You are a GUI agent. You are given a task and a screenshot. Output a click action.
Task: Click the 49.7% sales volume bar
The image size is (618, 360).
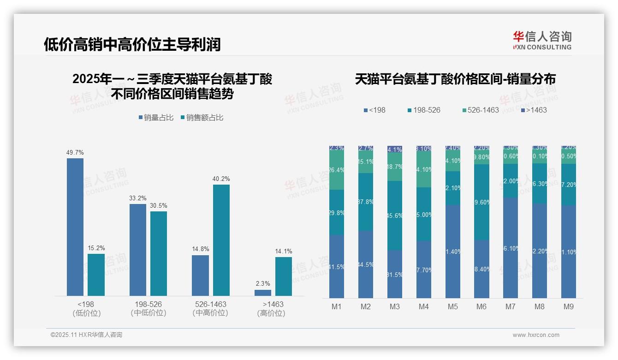point(75,227)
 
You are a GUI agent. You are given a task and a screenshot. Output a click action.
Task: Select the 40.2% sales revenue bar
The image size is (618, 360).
point(221,240)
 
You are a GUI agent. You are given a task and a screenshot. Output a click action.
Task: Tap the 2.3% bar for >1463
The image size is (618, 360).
point(263,293)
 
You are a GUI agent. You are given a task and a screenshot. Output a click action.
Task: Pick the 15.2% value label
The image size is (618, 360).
point(96,248)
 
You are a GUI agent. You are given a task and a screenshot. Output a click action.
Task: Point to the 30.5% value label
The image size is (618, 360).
point(159,206)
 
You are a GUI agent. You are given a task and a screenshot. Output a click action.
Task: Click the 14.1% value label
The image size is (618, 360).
point(284,252)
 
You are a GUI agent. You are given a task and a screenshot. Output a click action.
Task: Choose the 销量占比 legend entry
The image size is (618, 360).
point(156,118)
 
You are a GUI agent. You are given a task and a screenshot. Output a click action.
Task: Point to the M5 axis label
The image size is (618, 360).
point(452,307)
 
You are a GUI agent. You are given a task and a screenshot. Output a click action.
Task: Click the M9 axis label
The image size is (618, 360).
point(569,307)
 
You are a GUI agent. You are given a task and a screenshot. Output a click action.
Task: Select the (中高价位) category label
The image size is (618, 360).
point(210,313)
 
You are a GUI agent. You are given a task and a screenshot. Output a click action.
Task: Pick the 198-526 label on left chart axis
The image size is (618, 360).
point(148,305)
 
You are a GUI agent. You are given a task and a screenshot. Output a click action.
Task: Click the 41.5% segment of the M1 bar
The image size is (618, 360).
point(337,266)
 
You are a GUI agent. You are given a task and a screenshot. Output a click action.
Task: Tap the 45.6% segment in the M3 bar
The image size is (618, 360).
point(395,216)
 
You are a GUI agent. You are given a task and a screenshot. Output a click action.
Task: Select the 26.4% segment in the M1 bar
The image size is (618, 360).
point(337,170)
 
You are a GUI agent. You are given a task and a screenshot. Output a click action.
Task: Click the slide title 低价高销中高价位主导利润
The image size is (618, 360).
point(132,44)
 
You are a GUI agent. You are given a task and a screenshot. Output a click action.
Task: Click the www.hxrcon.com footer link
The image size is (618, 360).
point(536,335)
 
